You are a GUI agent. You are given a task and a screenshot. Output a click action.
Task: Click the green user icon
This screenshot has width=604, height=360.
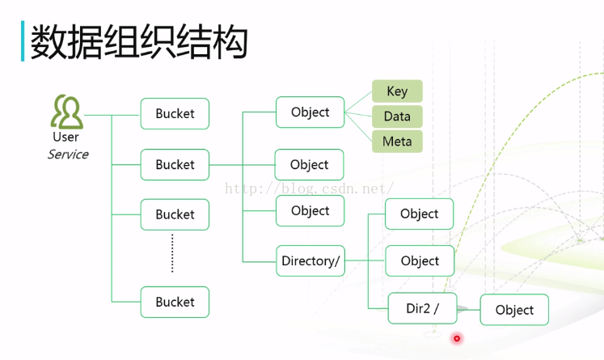66,112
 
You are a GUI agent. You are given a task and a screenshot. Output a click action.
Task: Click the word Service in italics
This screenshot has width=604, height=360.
68,155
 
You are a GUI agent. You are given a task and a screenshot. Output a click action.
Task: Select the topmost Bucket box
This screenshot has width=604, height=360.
175,114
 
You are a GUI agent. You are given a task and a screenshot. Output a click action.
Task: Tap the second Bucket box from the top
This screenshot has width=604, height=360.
175,164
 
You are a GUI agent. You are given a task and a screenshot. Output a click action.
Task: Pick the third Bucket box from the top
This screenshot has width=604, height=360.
175,214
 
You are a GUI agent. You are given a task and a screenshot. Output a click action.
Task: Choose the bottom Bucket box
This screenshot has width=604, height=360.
175,302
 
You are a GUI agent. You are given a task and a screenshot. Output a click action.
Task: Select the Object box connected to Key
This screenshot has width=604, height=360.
310,112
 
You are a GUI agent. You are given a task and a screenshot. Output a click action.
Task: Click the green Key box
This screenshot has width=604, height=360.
397,91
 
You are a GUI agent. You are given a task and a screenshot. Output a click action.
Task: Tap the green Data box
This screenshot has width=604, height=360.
397,116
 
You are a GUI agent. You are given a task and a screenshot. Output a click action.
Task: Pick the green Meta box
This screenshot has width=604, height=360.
397,142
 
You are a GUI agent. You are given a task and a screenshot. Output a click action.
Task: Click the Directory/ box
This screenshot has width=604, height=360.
310,261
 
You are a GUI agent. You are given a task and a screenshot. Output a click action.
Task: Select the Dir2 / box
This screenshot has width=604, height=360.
422,308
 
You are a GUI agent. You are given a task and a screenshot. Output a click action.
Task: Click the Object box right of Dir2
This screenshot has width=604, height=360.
514,310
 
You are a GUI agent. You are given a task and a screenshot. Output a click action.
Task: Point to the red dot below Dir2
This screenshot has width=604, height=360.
457,339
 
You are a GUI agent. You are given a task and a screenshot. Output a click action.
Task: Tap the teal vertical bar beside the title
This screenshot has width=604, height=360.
23,41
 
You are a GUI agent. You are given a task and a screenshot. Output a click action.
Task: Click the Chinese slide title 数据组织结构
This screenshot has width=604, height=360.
138,42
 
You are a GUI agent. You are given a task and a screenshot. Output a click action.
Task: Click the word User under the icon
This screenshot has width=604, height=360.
65,138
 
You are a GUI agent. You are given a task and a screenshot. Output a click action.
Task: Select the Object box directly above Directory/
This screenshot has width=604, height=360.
310,211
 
